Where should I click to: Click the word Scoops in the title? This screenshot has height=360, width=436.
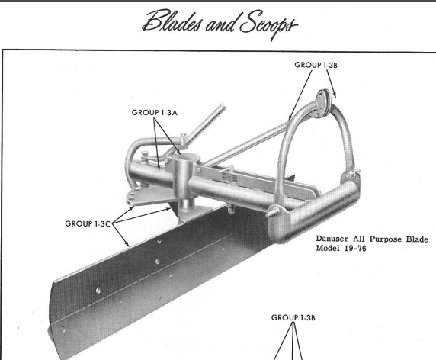coord(268,24)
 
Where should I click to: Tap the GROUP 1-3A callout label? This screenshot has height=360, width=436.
coord(154,113)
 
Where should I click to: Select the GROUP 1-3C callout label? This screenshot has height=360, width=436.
coord(88,223)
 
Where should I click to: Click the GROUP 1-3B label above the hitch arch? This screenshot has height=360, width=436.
coord(316,65)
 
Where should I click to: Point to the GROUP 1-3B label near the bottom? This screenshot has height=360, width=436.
coord(293,317)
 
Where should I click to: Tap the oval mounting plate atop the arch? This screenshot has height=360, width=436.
coord(322,104)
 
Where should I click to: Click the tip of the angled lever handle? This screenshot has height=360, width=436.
coord(223,107)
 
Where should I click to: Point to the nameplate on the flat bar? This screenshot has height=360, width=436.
coord(229,178)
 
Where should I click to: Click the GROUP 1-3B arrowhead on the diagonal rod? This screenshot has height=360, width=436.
coord(290,117)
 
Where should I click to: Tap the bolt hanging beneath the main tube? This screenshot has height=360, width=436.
coord(230,208)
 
